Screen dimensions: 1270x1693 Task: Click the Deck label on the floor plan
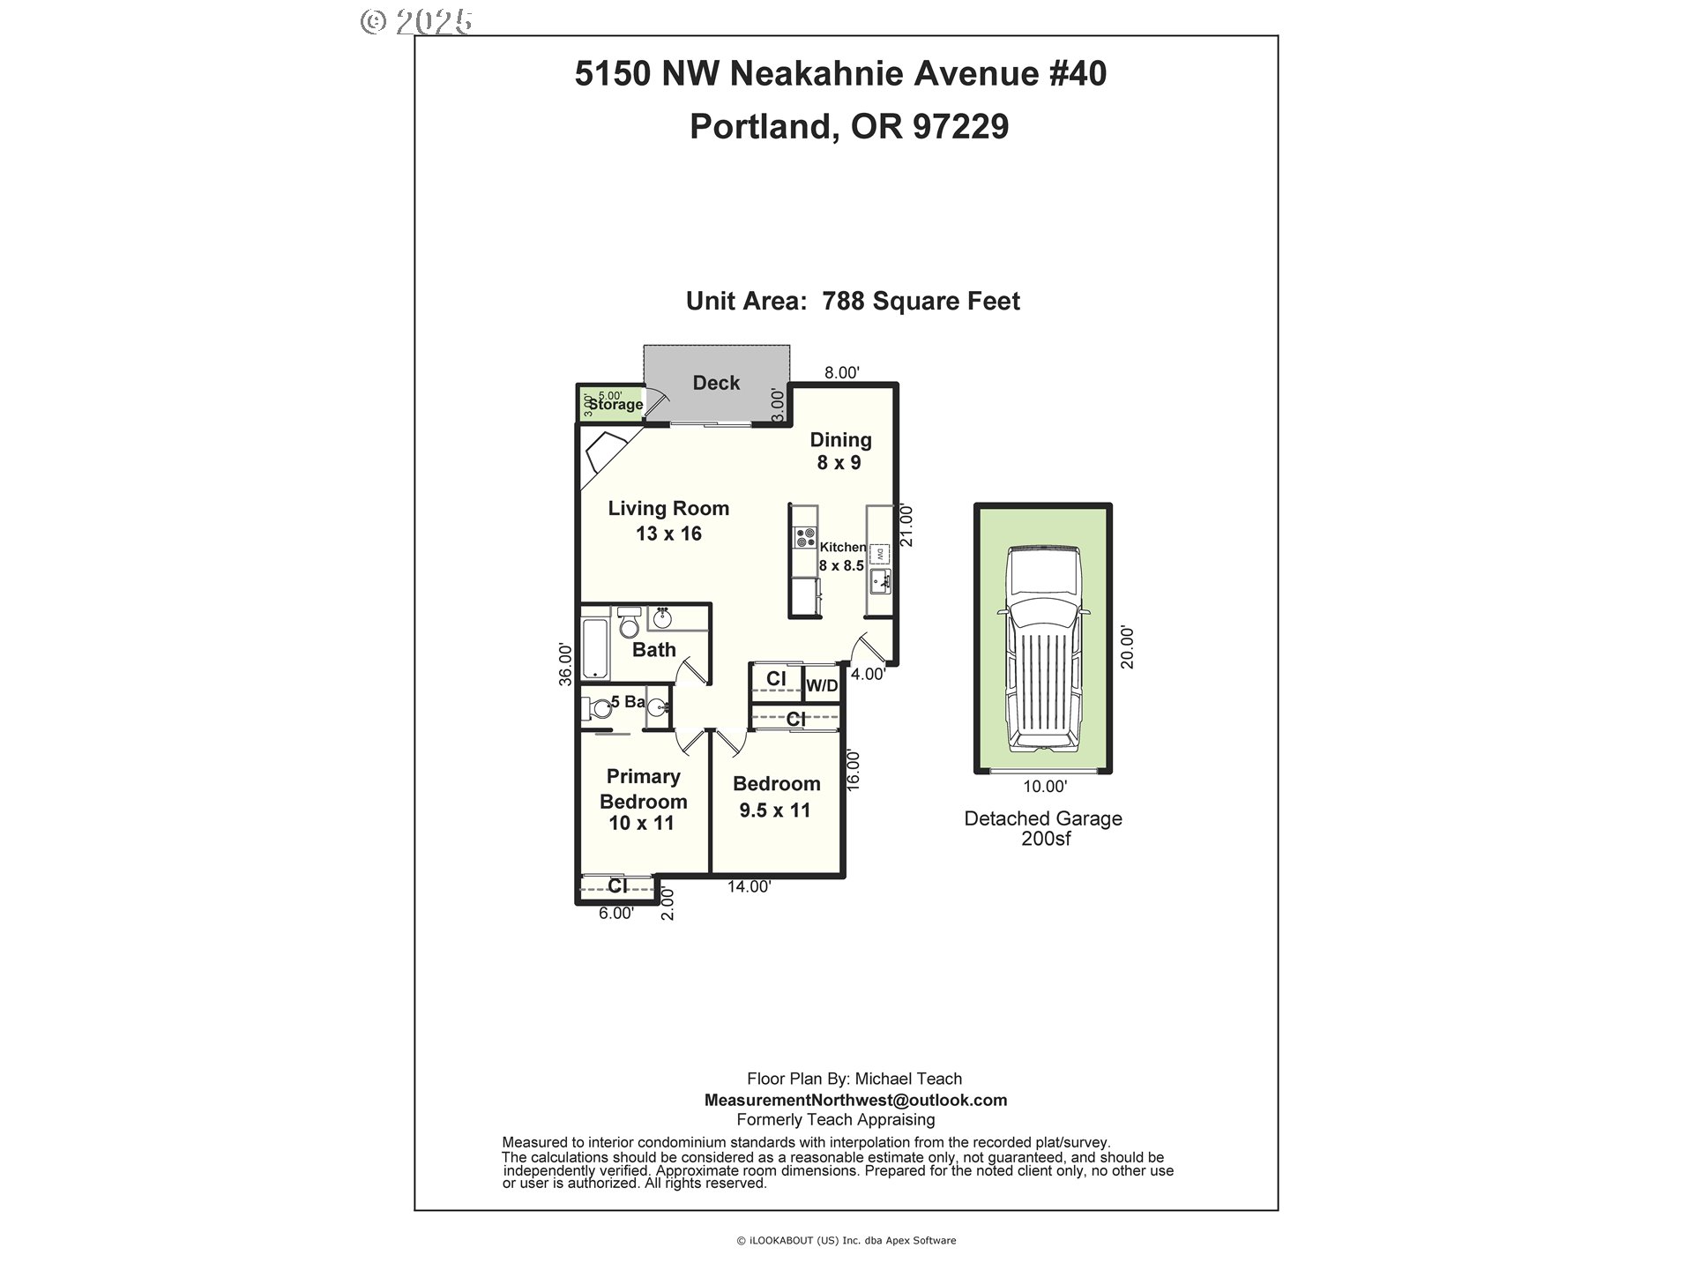pos(716,383)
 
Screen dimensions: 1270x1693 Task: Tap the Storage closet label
pos(615,405)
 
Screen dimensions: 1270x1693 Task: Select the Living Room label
pos(668,508)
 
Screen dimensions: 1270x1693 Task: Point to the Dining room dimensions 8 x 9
pos(839,463)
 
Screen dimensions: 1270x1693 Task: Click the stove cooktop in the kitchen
pos(804,537)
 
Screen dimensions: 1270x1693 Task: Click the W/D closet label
pos(822,685)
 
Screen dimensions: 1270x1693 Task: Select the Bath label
pos(654,650)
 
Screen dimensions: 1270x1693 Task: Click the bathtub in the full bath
pos(595,649)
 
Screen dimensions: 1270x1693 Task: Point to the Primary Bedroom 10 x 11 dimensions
pos(641,823)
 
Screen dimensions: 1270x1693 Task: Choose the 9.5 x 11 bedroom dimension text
pos(775,810)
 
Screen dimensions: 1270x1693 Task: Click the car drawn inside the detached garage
pos(1043,650)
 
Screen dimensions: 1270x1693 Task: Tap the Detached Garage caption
pos(1043,818)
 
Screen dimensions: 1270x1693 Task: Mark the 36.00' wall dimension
pos(566,663)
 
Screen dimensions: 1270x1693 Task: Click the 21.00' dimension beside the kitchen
pos(906,525)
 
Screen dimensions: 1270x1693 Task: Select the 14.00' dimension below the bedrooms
pos(750,887)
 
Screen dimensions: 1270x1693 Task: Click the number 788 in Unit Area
pos(842,302)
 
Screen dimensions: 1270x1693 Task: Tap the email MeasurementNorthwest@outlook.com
pos(855,1100)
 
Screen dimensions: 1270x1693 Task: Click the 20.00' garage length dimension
pos(1127,647)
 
